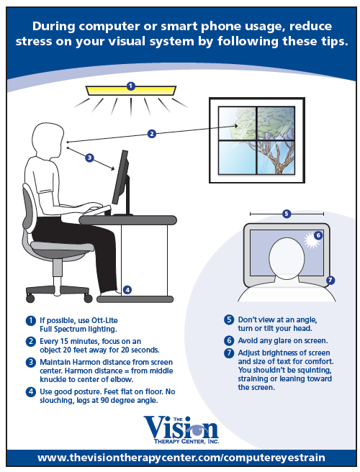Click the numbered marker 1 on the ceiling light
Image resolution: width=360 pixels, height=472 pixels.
click(130, 86)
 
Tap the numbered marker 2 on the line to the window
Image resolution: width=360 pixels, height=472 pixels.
click(152, 133)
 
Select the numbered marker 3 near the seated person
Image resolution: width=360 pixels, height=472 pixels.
click(89, 157)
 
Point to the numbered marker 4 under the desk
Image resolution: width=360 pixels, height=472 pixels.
click(127, 290)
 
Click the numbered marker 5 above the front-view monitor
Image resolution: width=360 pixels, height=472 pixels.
click(287, 214)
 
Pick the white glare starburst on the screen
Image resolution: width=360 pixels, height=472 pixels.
click(312, 240)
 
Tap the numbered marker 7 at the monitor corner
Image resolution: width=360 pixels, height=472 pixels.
click(330, 280)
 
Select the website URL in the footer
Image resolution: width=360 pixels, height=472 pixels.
click(181, 458)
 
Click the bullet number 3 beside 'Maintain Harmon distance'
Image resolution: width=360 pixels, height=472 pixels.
click(30, 361)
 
